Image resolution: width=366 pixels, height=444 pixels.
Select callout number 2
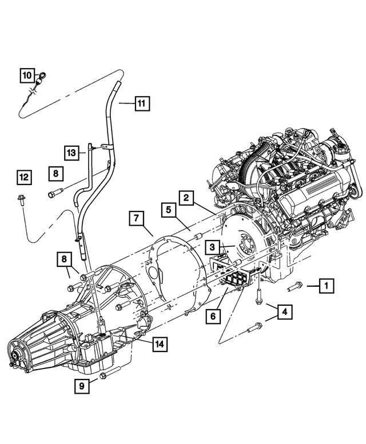[x=186, y=198]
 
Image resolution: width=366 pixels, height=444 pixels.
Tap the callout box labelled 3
[x=212, y=247]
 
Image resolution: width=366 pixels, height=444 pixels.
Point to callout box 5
[x=169, y=210]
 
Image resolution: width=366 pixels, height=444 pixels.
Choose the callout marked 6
[x=213, y=315]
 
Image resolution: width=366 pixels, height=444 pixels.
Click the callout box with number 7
[x=136, y=218]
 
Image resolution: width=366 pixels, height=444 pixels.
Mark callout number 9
[x=82, y=386]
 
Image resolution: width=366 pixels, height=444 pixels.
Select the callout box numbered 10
[x=27, y=75]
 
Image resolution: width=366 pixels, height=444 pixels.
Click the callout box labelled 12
[x=24, y=178]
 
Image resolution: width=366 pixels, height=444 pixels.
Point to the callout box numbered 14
[x=159, y=344]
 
